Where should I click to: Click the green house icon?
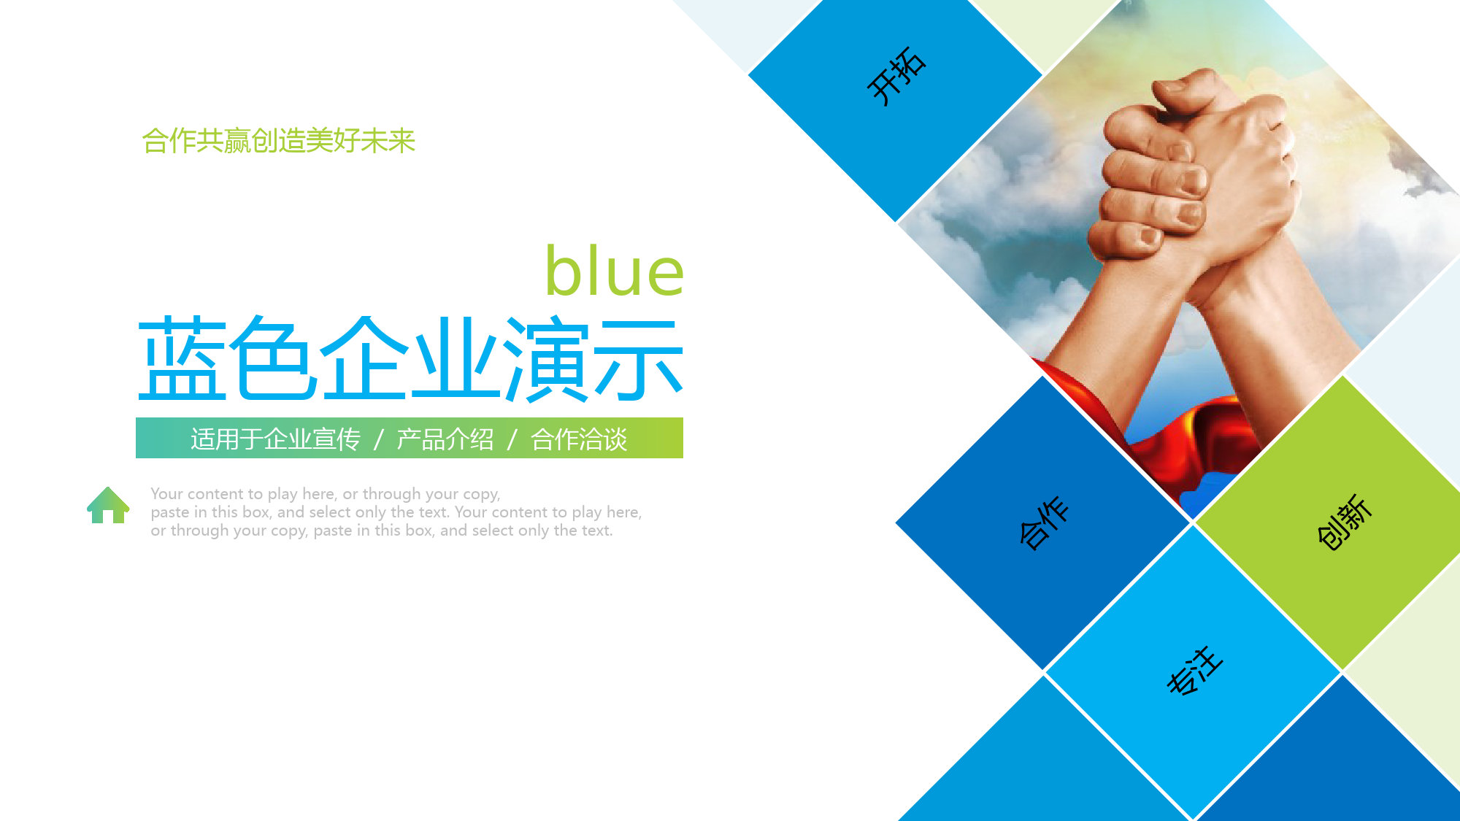[108, 505]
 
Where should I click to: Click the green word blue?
[615, 271]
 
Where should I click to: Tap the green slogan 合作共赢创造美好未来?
[278, 140]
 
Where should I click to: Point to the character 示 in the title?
[639, 360]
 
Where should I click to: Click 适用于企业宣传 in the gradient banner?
[275, 439]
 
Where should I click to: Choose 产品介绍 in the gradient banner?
[445, 439]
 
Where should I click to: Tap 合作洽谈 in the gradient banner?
[579, 439]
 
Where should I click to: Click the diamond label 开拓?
[896, 76]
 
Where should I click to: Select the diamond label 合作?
[1045, 523]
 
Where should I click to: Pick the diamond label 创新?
[1345, 522]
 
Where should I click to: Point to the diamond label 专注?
[1194, 671]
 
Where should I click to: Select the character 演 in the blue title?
[547, 359]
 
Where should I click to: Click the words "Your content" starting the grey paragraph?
[196, 494]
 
